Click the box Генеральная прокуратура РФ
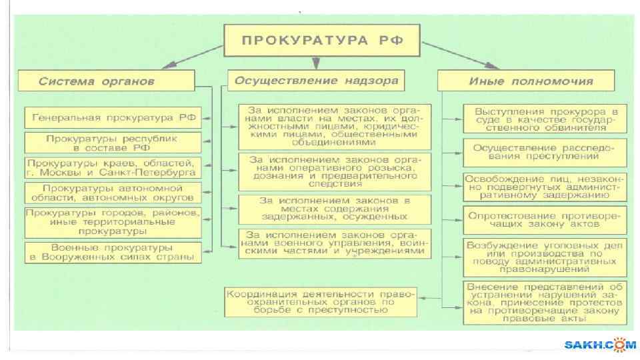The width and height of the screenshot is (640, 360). pos(113,118)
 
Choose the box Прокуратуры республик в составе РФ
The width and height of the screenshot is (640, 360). pos(113,143)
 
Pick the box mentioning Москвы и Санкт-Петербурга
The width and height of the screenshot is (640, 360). pos(113,167)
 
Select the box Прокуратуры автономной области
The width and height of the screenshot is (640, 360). pos(113,193)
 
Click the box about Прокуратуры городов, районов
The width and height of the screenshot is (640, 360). pos(113,222)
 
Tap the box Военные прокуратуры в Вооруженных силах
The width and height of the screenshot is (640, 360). pos(113,252)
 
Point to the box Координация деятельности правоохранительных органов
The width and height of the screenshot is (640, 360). pos(319,301)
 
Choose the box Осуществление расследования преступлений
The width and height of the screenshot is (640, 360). pos(545,151)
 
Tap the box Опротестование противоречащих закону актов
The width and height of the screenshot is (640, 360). pos(545,221)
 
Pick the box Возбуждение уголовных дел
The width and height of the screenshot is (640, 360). pos(545,257)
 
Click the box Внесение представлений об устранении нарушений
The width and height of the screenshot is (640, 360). pos(545,302)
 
